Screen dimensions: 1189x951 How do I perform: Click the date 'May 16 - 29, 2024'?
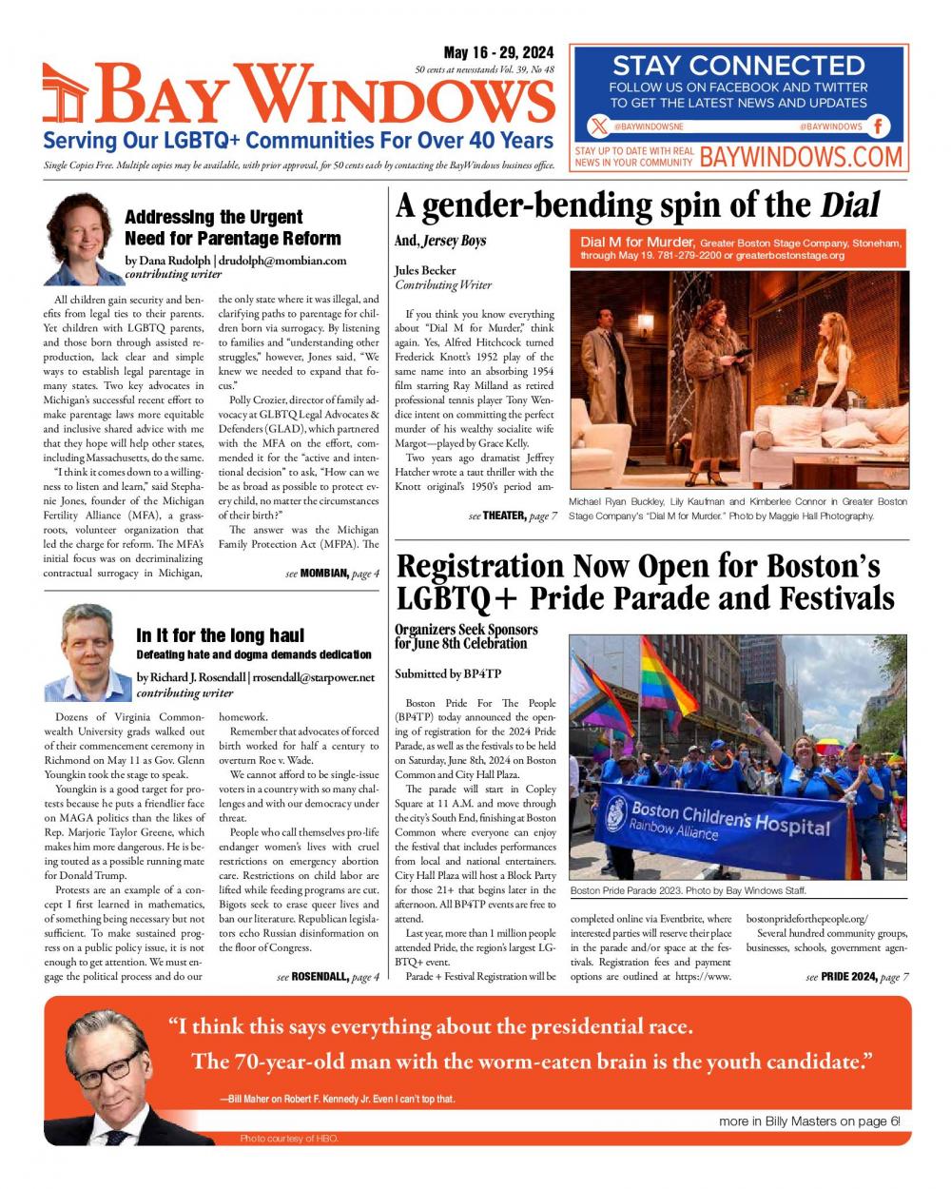tap(499, 53)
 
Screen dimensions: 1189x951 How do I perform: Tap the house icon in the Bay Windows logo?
tap(67, 97)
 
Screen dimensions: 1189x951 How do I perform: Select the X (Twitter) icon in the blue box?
tap(597, 126)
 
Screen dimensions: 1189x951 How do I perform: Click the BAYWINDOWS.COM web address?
tap(800, 157)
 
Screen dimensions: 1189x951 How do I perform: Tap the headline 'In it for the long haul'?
tap(220, 635)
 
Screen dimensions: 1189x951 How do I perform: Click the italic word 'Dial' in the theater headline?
tap(849, 205)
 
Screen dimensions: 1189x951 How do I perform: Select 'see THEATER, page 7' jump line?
tap(513, 516)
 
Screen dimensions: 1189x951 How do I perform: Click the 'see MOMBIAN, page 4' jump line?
tap(332, 574)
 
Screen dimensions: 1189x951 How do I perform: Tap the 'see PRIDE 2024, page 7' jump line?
tap(857, 977)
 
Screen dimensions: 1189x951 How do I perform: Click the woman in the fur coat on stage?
tap(708, 400)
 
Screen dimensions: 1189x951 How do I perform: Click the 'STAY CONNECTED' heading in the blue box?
tap(738, 66)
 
